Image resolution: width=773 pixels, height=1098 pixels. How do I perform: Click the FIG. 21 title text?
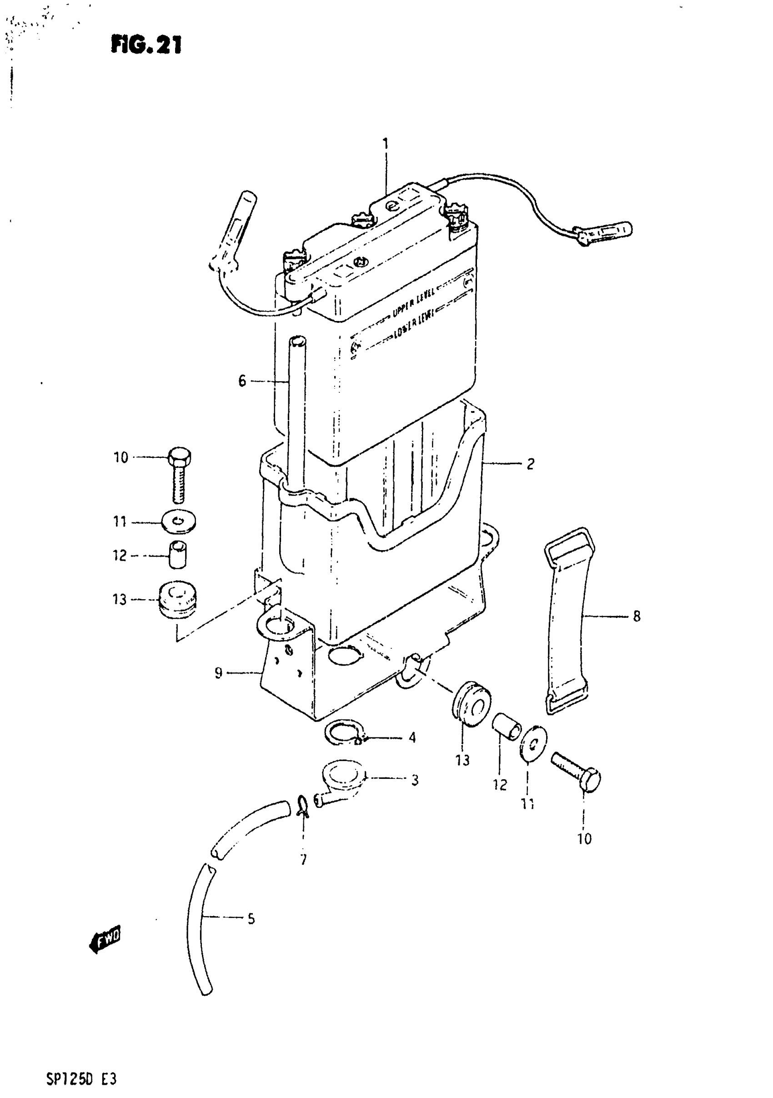[x=146, y=45]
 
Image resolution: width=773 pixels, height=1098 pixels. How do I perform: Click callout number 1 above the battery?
[x=385, y=144]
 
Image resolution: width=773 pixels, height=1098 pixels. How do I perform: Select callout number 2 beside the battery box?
[x=530, y=463]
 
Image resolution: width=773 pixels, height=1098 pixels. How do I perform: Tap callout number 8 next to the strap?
[x=636, y=617]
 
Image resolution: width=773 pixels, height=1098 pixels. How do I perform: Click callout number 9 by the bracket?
[x=218, y=673]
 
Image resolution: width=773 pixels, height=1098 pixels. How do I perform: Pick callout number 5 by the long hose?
[x=251, y=919]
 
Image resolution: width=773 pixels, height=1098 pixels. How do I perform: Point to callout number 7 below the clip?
[x=303, y=860]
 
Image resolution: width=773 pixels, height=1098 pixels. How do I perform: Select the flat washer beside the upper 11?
[x=178, y=521]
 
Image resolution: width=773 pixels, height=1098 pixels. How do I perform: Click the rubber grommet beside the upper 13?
[x=177, y=600]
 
